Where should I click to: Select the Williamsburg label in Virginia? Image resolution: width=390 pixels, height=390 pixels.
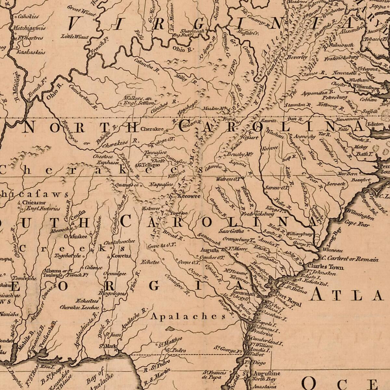(367, 87)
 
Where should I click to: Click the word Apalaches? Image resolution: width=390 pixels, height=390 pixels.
(188, 316)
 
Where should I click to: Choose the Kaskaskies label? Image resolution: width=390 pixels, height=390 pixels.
(31, 52)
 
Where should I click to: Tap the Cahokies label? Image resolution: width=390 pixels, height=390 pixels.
(28, 16)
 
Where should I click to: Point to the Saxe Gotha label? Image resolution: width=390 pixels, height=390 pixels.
(231, 231)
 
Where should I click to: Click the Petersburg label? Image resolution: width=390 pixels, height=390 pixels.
(335, 97)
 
